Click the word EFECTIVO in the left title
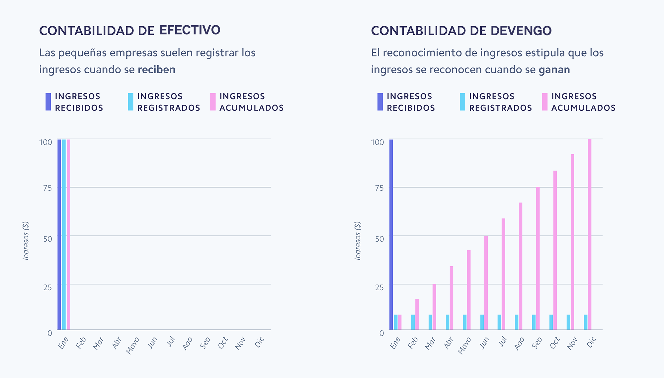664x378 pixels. tap(190, 30)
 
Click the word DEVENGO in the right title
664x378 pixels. tap(521, 31)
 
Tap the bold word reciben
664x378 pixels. tap(156, 70)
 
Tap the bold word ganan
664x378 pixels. tap(554, 70)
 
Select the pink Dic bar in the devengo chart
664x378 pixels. tap(590, 234)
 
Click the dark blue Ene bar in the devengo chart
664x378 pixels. tap(391, 234)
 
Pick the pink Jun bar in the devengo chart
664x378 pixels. tap(486, 283)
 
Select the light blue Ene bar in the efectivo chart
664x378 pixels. tap(64, 234)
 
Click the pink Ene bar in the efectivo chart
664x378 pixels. tap(68, 234)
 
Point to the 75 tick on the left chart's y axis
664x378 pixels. tap(47, 188)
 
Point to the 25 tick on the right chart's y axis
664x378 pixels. tap(379, 287)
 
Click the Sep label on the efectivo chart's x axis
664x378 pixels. tap(205, 343)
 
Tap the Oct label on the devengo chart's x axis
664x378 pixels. tap(555, 343)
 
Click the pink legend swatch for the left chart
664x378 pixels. tap(213, 102)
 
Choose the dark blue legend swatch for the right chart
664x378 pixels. tap(380, 102)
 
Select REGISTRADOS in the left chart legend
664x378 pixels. tap(169, 108)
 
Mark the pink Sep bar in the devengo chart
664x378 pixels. tap(538, 259)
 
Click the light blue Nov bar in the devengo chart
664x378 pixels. tap(568, 322)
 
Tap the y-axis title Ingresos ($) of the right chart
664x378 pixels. tap(358, 241)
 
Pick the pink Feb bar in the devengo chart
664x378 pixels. tap(417, 314)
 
